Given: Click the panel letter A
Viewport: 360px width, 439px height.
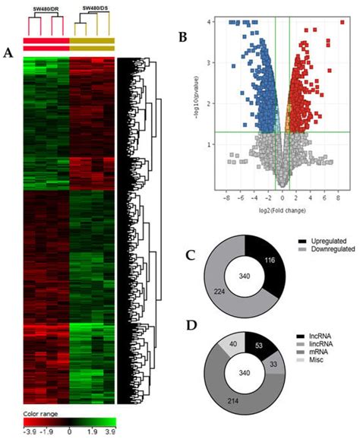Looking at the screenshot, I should pyautogui.click(x=8, y=52).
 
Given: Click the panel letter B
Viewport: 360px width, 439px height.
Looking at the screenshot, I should pyautogui.click(x=181, y=36).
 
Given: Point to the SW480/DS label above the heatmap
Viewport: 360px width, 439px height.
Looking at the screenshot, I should pyautogui.click(x=93, y=7).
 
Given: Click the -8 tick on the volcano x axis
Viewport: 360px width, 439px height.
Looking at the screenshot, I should pyautogui.click(x=226, y=196).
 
